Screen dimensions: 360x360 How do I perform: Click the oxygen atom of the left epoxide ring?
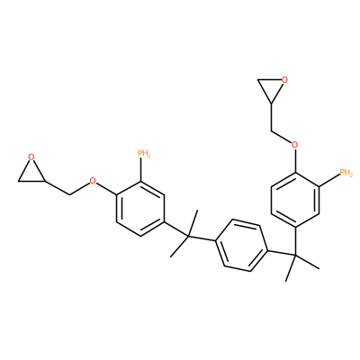point(31,157)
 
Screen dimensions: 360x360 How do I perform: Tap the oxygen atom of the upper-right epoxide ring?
point(284,80)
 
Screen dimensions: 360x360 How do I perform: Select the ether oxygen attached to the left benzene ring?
point(93,181)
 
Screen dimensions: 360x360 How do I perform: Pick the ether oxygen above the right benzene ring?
point(295,146)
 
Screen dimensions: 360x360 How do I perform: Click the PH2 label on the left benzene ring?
point(144,154)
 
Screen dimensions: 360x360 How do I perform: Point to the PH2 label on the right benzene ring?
point(346,173)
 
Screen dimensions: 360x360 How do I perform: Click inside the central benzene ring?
point(242,246)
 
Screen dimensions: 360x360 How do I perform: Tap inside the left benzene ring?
point(140,209)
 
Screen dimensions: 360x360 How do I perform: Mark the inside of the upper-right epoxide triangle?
point(271,87)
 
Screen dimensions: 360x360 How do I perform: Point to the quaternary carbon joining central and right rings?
point(294,256)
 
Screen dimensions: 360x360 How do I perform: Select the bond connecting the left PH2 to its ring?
point(141,170)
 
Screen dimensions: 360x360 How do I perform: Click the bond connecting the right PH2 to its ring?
point(329,179)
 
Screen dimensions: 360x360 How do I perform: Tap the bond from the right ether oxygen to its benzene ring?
point(295,161)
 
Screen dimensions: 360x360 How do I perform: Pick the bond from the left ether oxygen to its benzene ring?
point(106,188)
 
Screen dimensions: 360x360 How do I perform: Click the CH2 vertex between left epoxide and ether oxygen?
point(69,195)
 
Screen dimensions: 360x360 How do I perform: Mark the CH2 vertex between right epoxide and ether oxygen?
point(272,131)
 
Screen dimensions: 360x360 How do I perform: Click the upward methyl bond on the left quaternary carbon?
point(193,224)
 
